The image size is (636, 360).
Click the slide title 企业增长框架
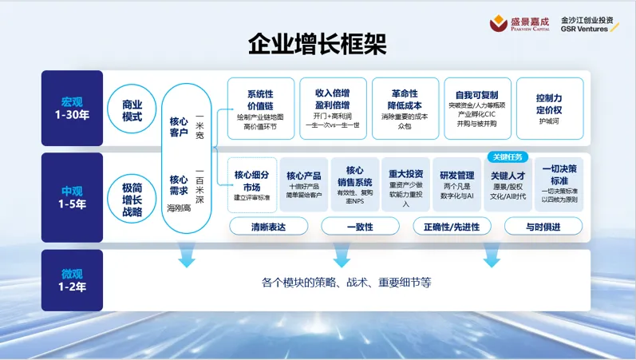[318, 44]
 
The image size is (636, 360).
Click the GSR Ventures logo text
[589, 24]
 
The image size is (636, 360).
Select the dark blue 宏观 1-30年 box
[72, 108]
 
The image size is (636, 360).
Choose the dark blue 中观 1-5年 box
[72, 197]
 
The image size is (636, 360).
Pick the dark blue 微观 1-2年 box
[72, 280]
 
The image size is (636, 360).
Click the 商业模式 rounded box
[132, 110]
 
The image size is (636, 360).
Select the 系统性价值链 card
[260, 109]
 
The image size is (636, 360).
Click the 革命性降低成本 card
[406, 109]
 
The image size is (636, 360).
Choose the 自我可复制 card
[477, 109]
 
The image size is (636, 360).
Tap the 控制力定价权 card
[549, 109]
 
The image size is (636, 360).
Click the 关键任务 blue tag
[508, 156]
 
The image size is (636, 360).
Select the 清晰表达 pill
[268, 227]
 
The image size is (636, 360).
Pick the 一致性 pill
[360, 227]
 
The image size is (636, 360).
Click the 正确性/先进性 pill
[452, 227]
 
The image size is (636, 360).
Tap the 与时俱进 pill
[543, 227]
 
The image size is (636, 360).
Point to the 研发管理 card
[457, 184]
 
